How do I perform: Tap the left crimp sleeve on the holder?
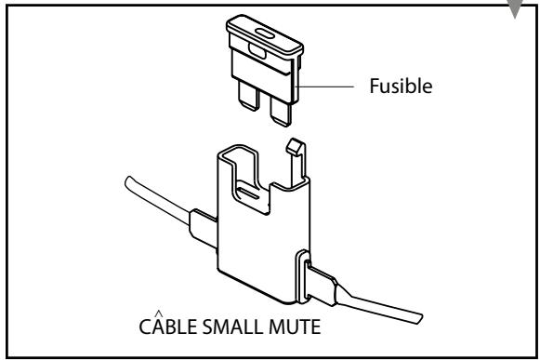click(202, 224)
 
